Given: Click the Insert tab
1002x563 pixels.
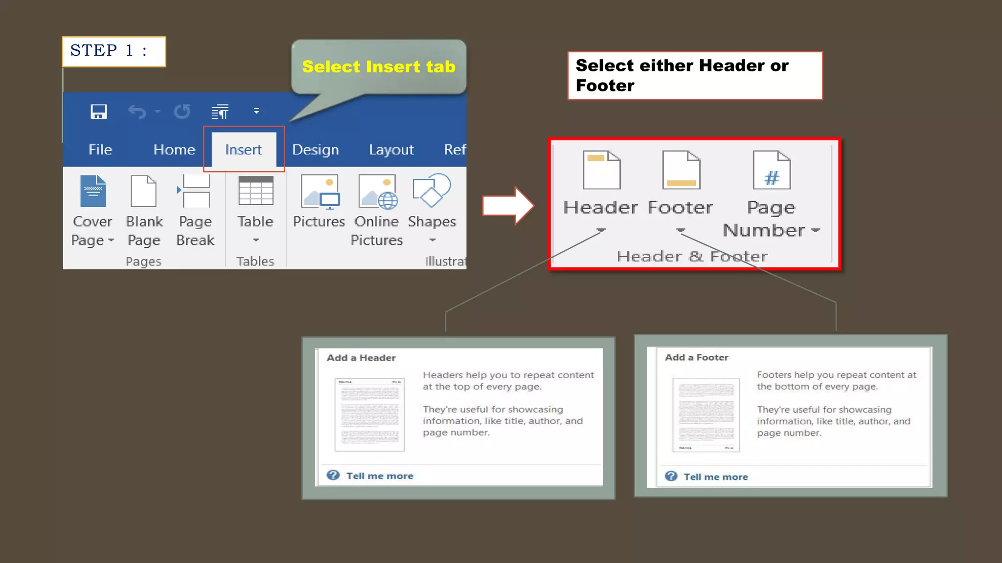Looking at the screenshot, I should click(244, 150).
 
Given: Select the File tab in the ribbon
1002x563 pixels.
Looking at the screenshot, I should click(100, 150).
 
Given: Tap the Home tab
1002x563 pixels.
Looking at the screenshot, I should click(174, 150).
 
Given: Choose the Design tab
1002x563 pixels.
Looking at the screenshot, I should click(316, 150).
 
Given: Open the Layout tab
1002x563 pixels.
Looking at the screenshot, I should click(391, 150).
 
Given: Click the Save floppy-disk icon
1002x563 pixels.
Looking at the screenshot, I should click(99, 112).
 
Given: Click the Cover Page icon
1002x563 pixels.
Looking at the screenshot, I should click(93, 191).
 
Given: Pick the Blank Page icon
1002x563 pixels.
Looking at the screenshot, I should click(144, 191).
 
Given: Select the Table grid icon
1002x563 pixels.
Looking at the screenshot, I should click(255, 191).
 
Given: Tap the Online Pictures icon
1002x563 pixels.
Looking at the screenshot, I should click(377, 191).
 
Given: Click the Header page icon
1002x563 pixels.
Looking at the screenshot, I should click(602, 170).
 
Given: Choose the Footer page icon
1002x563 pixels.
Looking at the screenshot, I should click(681, 170).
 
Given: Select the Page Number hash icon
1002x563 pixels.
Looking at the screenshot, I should click(772, 170).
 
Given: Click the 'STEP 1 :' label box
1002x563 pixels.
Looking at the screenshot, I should click(114, 51).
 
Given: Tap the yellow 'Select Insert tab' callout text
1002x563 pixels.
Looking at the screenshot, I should click(379, 66).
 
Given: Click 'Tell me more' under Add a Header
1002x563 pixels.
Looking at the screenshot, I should click(380, 476).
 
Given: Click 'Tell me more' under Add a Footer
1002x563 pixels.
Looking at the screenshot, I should click(715, 477).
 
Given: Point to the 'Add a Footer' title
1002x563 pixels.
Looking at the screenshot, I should click(697, 357).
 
